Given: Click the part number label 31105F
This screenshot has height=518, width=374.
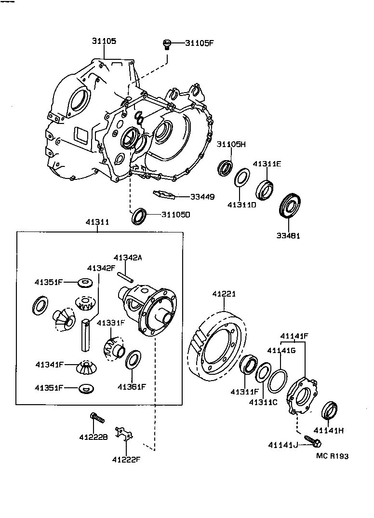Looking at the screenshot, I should [x=199, y=43].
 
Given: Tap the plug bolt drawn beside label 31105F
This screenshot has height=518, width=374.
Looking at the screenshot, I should [x=166, y=45].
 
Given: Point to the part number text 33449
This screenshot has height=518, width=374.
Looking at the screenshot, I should [x=203, y=197].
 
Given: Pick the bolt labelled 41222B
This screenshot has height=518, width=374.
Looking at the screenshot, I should [x=97, y=418].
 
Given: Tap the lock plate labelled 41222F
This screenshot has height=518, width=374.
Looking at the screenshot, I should [x=124, y=433].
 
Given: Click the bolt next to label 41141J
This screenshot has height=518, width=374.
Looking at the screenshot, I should [x=311, y=442].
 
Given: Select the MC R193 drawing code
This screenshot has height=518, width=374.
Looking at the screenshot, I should [x=332, y=456].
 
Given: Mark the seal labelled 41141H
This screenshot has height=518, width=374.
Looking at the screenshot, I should [x=329, y=410].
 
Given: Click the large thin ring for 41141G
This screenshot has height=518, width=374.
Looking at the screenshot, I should [x=278, y=381].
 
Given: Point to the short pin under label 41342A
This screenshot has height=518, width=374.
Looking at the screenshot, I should [x=126, y=277].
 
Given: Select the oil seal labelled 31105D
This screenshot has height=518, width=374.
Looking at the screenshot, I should [x=139, y=216].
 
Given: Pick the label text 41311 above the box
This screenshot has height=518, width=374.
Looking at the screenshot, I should [x=97, y=223].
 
